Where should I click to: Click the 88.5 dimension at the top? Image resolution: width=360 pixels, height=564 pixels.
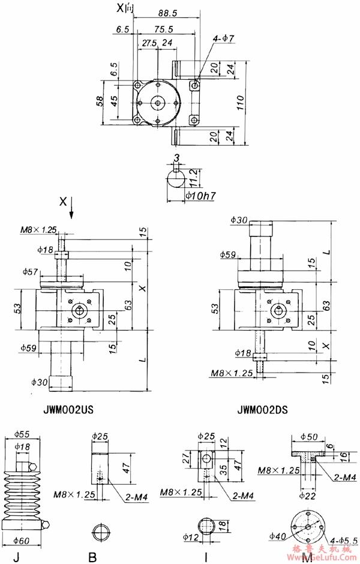[x=163, y=12]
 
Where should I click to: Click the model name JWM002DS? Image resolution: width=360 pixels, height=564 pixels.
[x=262, y=411]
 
